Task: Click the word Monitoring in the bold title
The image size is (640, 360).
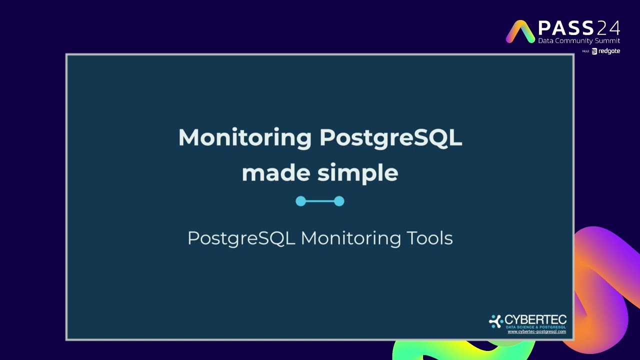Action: (244, 138)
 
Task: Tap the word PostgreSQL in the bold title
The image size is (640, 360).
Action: (390, 138)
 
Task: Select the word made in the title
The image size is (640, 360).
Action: (276, 173)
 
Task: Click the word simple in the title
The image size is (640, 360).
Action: (358, 173)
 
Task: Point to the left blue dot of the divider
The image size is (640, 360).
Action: (300, 201)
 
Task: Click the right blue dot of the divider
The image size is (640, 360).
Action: (339, 201)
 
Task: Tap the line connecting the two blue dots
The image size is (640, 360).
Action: (320, 201)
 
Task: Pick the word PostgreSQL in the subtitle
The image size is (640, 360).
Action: (241, 238)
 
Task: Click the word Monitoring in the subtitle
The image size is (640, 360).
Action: (350, 238)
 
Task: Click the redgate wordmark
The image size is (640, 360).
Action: (609, 51)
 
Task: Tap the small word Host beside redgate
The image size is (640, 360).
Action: (585, 51)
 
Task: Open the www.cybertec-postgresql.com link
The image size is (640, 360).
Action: (536, 331)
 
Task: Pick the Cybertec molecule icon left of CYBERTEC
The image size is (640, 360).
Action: (495, 321)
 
